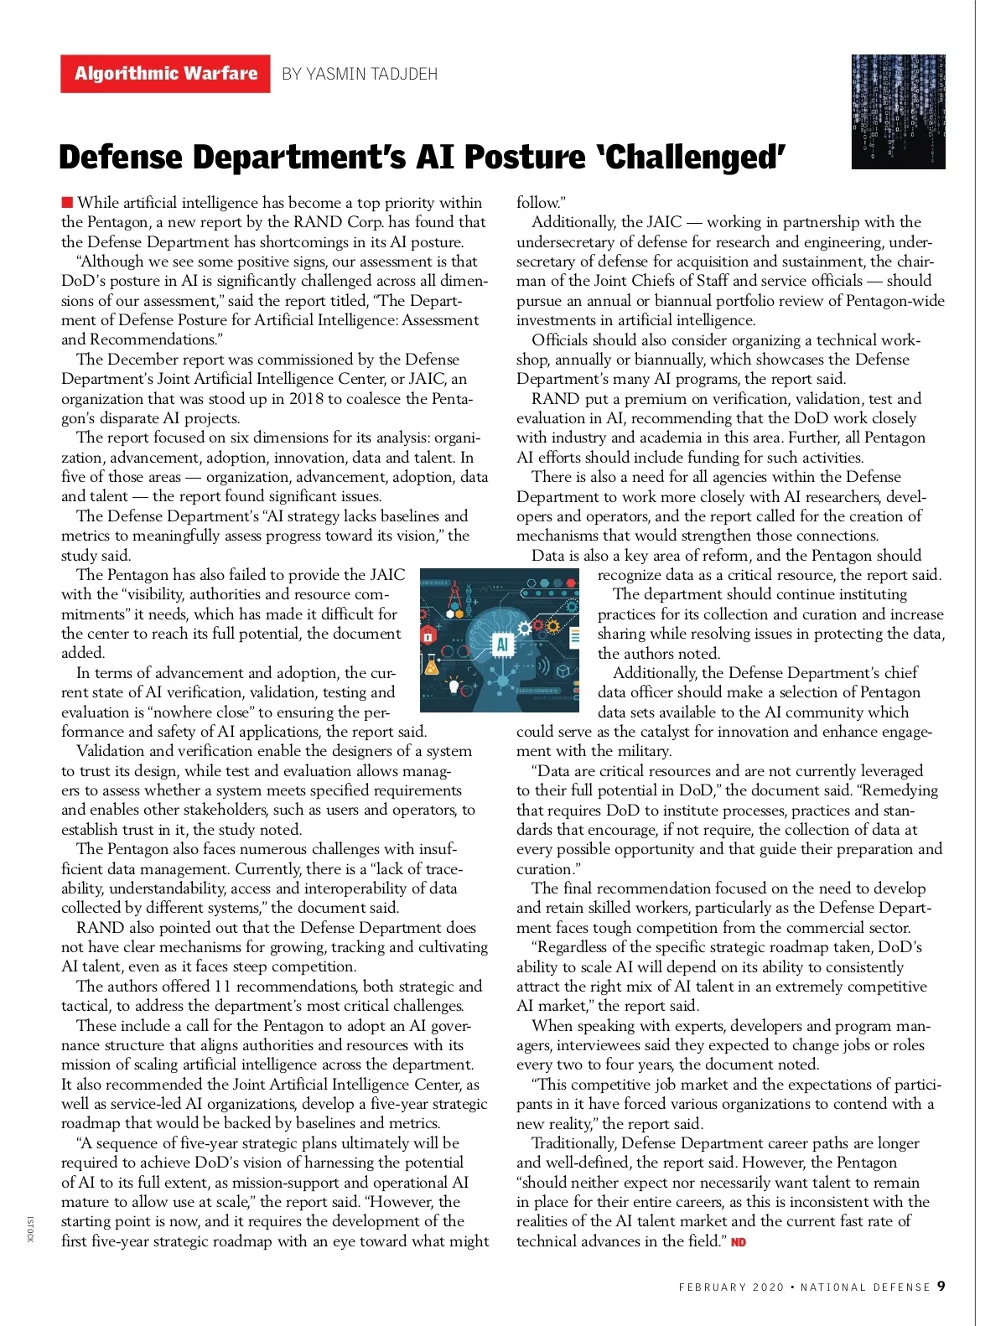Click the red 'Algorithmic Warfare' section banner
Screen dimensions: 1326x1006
tap(165, 74)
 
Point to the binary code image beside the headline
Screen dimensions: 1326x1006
tap(898, 111)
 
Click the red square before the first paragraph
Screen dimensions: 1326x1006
tap(67, 202)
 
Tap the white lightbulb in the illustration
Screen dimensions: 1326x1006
tap(454, 686)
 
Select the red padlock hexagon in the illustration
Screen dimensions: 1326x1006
tap(428, 634)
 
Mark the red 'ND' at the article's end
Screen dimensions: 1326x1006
tap(739, 1241)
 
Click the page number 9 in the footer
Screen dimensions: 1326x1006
tap(941, 1287)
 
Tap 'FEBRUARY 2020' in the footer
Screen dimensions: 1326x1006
tap(731, 1287)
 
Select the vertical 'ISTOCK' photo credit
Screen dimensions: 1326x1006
tap(30, 1229)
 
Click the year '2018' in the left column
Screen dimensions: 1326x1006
tap(306, 398)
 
